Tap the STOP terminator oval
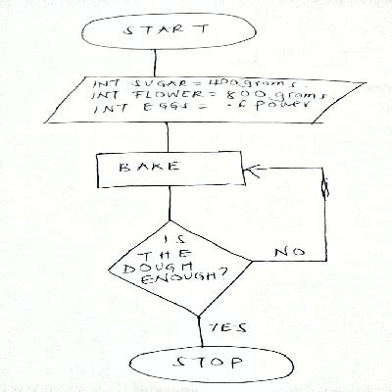pos(210,365)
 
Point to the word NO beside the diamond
pos(287,252)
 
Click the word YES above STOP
pos(220,326)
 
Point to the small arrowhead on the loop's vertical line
pos(326,186)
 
